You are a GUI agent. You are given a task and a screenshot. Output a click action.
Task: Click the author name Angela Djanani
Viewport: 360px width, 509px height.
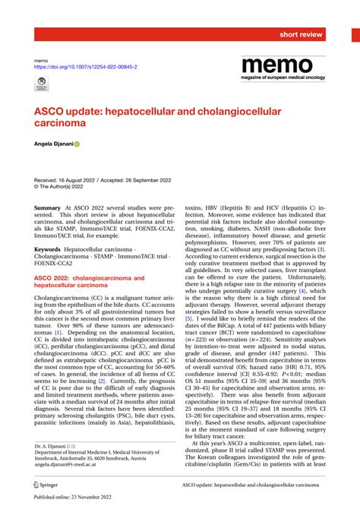coord(52,143)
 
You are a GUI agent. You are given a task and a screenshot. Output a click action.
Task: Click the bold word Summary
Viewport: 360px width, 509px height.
coord(47,207)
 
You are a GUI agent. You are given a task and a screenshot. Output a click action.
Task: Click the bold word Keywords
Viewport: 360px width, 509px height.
coord(49,249)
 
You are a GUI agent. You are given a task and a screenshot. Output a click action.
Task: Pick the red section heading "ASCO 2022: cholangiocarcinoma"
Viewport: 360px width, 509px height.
coord(87,279)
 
